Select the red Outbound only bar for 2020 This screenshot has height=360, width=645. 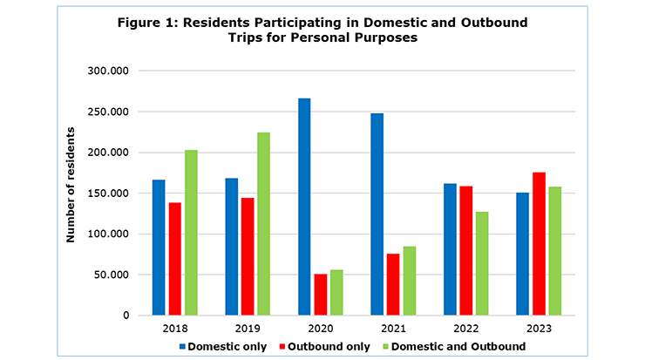pos(321,295)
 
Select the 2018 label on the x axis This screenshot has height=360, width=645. pos(174,329)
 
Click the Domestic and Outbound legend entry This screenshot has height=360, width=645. pos(458,346)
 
